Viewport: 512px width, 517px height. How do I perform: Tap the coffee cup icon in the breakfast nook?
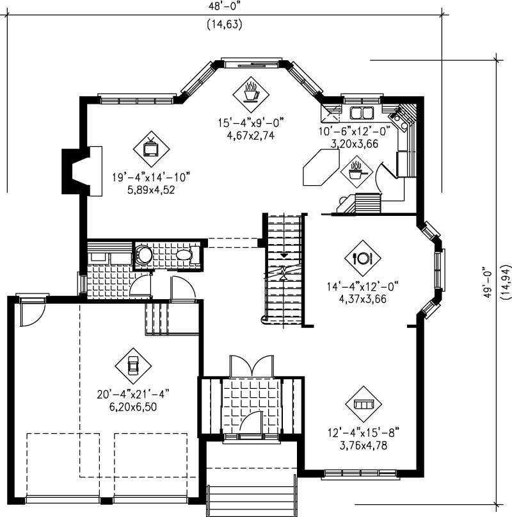250,92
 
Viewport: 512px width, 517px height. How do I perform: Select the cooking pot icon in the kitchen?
356,171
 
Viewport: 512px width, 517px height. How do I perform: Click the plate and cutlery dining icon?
362,258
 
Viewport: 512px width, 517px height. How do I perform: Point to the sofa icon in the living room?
362,404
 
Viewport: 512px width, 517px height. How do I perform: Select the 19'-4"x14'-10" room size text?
151,177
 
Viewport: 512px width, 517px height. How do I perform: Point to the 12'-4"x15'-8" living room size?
362,432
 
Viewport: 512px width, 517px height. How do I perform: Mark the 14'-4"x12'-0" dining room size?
362,286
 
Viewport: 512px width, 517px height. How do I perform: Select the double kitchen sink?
362,114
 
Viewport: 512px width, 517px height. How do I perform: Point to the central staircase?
283,269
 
